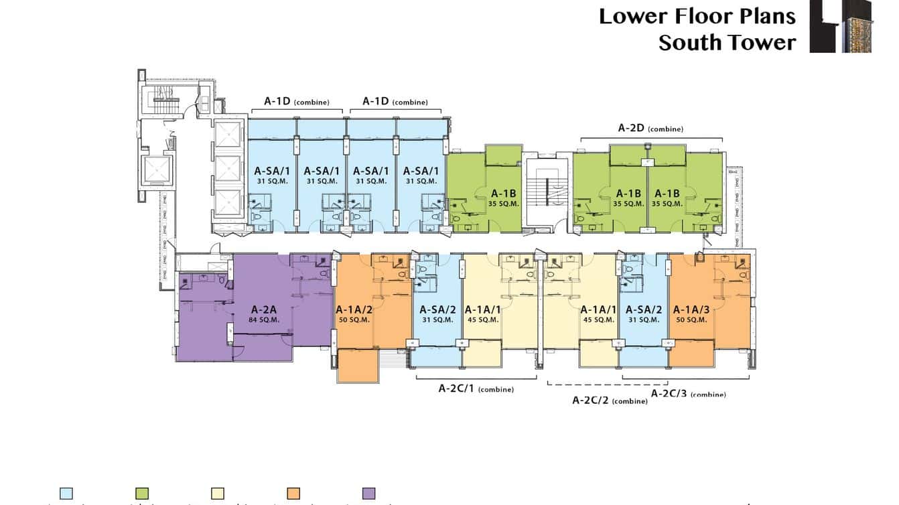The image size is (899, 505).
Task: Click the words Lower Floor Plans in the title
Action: tap(697, 16)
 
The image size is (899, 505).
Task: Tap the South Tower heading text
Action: tap(727, 43)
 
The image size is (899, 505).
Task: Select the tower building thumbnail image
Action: tap(840, 26)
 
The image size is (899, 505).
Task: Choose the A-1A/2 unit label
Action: tap(354, 309)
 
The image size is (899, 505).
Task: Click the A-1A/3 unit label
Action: tap(690, 309)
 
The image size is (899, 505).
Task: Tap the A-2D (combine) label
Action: tap(650, 128)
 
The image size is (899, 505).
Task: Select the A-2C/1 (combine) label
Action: tap(476, 388)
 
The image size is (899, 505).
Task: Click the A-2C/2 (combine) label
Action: tap(610, 401)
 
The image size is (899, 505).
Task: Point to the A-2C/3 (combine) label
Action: tap(688, 394)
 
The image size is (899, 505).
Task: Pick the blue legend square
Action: tap(66, 494)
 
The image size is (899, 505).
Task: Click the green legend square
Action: tap(142, 494)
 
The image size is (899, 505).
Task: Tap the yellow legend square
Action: tap(218, 494)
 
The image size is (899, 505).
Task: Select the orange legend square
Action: tap(293, 494)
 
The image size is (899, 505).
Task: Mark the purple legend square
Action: tap(369, 494)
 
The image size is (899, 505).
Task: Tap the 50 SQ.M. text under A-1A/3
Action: tap(690, 319)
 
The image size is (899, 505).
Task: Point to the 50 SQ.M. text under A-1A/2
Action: tap(354, 319)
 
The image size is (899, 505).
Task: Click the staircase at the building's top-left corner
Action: tap(163, 101)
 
